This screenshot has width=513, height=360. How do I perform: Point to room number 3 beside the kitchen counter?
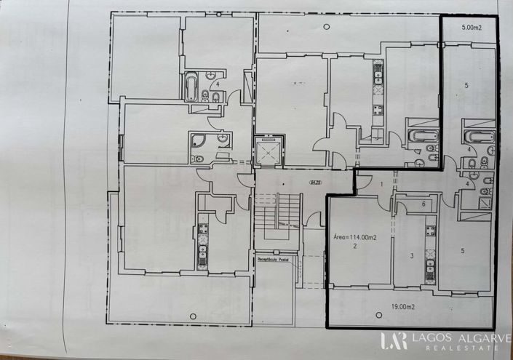(x=412, y=255)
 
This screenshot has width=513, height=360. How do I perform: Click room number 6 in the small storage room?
(x=423, y=205)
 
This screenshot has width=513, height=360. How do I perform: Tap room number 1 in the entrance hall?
(x=381, y=185)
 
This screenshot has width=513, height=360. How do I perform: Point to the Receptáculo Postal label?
(x=273, y=258)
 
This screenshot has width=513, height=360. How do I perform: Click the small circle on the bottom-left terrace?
(x=192, y=314)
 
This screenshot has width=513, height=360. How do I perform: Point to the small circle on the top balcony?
(x=325, y=27)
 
